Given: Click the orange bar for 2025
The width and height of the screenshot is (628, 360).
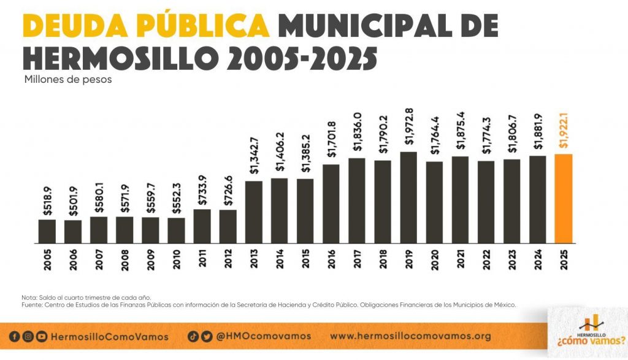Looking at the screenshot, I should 564,198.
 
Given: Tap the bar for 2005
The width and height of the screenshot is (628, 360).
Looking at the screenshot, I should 47,231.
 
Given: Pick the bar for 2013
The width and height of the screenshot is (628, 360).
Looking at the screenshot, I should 254,212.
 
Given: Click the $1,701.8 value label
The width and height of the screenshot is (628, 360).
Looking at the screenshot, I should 332,142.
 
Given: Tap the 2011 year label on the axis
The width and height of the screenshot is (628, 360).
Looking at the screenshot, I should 202,261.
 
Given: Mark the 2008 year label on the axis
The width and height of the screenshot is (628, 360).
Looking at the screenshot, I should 124,261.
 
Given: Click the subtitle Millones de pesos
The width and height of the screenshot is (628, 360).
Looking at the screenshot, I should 68,80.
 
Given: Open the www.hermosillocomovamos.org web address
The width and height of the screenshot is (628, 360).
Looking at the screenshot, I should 410,336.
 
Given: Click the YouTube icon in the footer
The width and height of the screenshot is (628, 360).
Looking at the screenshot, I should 41,336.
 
